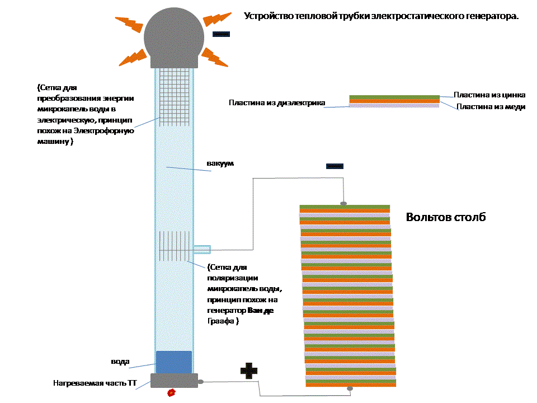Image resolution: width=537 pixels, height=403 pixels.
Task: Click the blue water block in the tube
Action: point(173,362)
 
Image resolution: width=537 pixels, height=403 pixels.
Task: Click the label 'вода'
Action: point(120,362)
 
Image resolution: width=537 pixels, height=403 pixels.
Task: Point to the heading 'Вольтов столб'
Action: point(446,217)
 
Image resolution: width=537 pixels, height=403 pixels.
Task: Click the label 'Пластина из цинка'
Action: point(489,95)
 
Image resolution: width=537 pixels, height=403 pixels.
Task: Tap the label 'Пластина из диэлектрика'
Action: point(276,102)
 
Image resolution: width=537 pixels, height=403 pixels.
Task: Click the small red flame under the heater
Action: point(172,393)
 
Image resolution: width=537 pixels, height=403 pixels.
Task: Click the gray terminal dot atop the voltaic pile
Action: point(344,203)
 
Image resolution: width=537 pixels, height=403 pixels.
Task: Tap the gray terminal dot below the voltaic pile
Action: point(350,388)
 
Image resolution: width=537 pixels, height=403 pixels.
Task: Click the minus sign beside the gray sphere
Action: point(222,34)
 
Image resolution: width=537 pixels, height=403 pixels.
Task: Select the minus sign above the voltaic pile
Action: point(335,166)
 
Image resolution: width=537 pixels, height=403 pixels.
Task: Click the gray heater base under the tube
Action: point(174,381)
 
